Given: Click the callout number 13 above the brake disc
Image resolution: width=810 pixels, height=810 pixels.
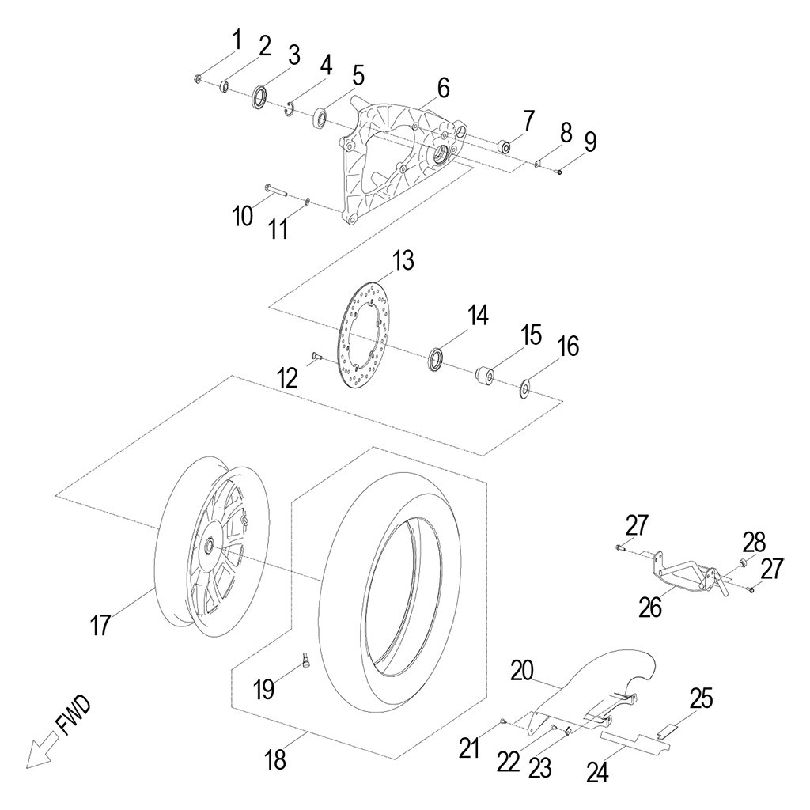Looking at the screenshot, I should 403,260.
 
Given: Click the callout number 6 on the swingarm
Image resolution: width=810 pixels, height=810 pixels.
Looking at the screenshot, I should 442,89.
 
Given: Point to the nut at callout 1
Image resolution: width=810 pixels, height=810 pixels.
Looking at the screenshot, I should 197,78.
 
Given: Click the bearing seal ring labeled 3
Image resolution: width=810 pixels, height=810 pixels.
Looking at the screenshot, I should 259,98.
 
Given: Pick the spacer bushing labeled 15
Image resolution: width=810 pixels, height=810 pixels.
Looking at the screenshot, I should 485,374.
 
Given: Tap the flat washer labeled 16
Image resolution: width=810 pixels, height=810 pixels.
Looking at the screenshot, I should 524,388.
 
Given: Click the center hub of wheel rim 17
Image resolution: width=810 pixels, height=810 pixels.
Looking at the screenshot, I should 210,547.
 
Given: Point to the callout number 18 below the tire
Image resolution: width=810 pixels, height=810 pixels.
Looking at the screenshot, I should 276,761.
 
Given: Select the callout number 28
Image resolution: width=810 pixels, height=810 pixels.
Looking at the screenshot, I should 754,543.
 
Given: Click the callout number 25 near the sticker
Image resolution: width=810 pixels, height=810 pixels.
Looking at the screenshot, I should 700,698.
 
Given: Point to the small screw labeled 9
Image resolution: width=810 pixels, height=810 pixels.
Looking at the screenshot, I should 559,172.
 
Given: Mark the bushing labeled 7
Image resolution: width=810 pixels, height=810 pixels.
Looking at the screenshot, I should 504,147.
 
